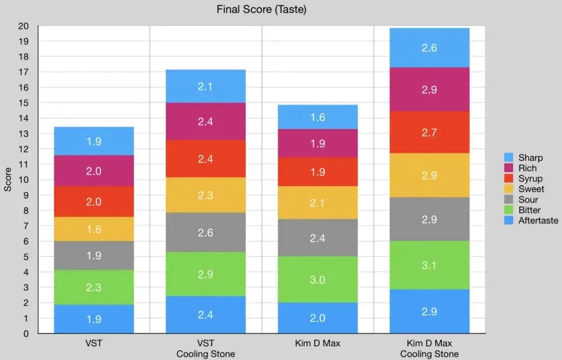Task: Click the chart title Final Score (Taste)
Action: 261,9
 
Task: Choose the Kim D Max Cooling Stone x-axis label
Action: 429,348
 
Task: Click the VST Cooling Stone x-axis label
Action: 205,348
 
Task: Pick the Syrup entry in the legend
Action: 530,178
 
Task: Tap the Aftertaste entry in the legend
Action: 538,220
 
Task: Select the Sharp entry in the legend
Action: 530,157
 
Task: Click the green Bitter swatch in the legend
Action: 509,210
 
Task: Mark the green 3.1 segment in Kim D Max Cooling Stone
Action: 429,265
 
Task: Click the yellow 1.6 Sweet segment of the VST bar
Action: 94,229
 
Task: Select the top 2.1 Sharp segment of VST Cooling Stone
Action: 205,86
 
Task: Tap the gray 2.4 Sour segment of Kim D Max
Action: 317,238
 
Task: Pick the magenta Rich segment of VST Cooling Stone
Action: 205,122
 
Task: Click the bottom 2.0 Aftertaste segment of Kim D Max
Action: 317,318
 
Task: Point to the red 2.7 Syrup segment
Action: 429,132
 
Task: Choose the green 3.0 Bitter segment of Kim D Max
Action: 317,279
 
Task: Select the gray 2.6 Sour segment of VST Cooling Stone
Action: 205,233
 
